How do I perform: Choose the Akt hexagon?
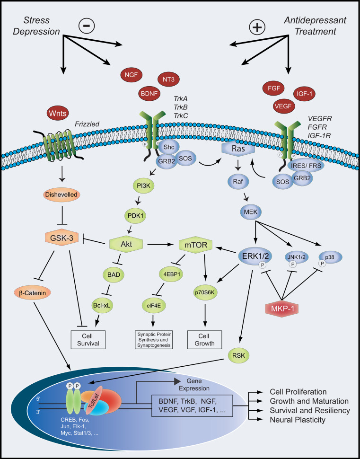point(126,245)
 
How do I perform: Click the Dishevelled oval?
point(62,194)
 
